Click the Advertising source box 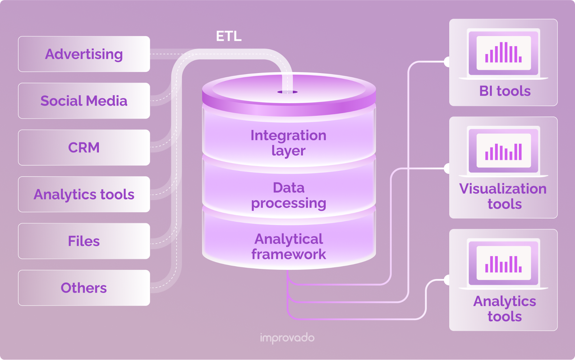click(x=84, y=54)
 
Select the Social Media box click(x=84, y=101)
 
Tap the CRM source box click(x=84, y=147)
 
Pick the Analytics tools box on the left click(x=84, y=194)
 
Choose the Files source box click(x=84, y=241)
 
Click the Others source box click(x=84, y=288)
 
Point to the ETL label click(x=229, y=36)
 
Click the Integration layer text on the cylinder click(x=288, y=143)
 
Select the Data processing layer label click(x=288, y=195)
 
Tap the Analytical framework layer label click(x=288, y=247)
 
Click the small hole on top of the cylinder click(x=287, y=92)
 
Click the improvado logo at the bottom click(x=287, y=338)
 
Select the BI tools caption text click(x=505, y=91)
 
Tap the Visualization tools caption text click(x=503, y=196)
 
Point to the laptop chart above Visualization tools click(x=503, y=151)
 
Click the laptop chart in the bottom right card click(x=503, y=264)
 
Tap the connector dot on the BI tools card click(x=447, y=62)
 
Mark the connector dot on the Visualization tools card click(x=447, y=168)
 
